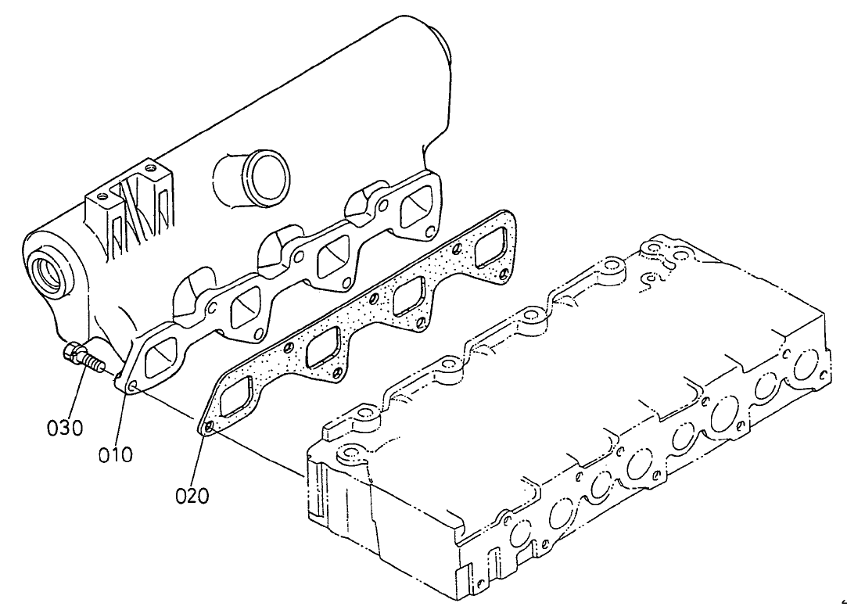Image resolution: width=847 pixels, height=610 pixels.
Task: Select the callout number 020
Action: coord(192,496)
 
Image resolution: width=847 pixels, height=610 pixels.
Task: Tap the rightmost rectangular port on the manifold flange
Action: coord(415,210)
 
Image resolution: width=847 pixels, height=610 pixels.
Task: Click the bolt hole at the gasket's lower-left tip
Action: coord(206,428)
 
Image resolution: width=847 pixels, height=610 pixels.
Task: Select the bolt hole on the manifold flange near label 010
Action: coord(131,387)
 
